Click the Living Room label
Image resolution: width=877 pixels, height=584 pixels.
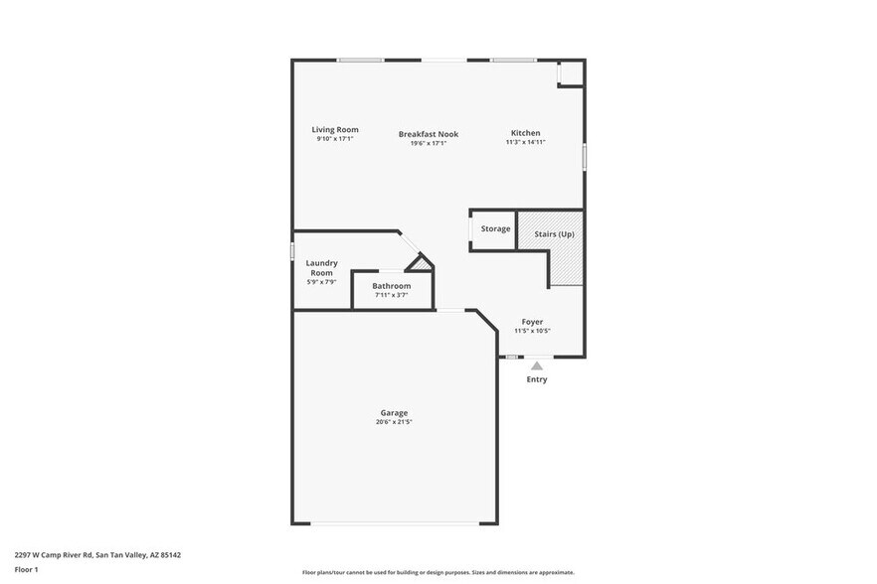334,130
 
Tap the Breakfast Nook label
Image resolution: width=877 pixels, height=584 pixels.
428,134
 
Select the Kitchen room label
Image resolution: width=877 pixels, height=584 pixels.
525,133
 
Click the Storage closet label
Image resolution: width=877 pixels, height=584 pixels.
495,229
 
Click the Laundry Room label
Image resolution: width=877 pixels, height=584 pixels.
321,268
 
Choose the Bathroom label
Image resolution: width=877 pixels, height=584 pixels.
391,286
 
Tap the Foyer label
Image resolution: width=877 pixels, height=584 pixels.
532,322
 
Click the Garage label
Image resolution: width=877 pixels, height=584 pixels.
394,413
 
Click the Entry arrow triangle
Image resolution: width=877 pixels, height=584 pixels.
537,366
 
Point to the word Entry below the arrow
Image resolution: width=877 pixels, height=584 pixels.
537,379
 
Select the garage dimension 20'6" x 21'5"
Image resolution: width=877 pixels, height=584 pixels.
394,422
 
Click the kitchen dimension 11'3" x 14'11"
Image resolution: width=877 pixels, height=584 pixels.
525,142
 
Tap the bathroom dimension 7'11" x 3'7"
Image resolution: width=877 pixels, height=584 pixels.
391,295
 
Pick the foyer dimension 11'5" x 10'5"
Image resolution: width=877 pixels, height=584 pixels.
532,331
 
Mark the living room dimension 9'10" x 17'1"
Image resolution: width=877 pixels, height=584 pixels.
334,139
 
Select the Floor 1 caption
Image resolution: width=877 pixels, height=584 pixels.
26,569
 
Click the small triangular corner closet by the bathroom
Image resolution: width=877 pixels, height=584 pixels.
422,264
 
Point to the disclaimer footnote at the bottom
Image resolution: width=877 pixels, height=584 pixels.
438,573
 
